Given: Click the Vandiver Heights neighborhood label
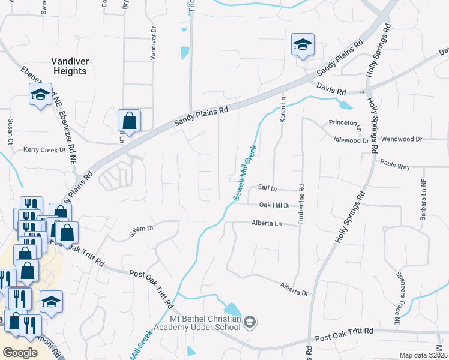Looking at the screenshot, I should pos(68,65).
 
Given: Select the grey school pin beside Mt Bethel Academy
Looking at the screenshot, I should pos(250,323).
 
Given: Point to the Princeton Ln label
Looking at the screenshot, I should pos(346,124).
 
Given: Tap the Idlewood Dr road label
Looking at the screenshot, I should pos(351,140).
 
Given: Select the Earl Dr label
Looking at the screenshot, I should pos(267,188).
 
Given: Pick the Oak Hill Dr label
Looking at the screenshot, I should pos(274,205).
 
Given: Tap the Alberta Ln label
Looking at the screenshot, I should pos(266,223).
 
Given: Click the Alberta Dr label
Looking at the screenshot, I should pos(294,287).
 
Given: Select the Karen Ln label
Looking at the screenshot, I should pos(282,112).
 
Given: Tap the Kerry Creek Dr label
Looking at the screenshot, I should pos(44,149).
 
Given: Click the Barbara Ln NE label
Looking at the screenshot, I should pos(423,199).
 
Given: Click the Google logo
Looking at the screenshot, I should pos(20,353).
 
